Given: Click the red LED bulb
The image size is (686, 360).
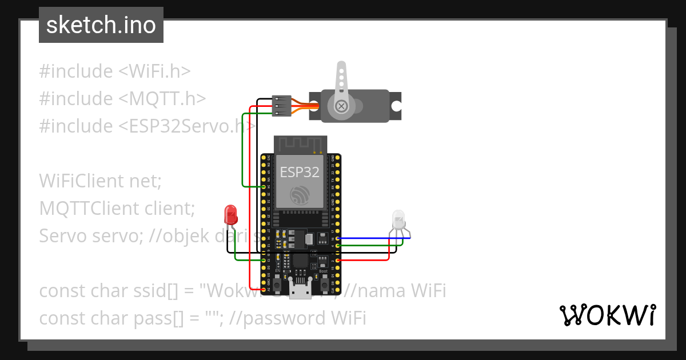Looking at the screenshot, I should pyautogui.click(x=231, y=214).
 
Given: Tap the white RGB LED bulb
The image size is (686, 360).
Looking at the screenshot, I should pyautogui.click(x=398, y=219).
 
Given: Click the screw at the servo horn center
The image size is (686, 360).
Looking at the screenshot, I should pyautogui.click(x=341, y=106).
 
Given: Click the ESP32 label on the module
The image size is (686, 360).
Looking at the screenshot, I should pyautogui.click(x=300, y=172).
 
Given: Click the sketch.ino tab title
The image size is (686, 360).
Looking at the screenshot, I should pyautogui.click(x=101, y=25).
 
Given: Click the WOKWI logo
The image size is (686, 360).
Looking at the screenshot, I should pyautogui.click(x=608, y=315).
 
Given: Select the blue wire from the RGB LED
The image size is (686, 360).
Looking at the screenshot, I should pyautogui.click(x=374, y=238).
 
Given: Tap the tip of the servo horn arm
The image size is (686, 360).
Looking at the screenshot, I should pyautogui.click(x=341, y=66).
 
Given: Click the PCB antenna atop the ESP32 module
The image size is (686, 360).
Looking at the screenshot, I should pyautogui.click(x=300, y=145).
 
